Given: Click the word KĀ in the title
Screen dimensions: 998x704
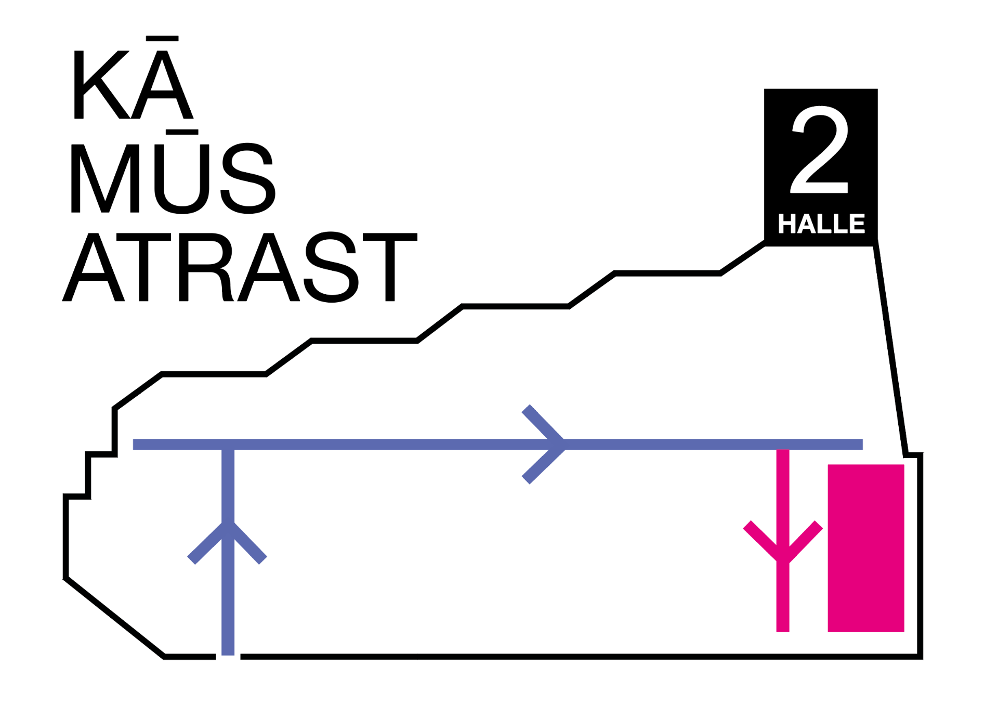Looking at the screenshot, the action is (134, 77).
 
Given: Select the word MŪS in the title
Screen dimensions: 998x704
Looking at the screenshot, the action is (173, 172).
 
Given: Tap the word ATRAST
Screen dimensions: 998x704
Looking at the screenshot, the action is (240, 267).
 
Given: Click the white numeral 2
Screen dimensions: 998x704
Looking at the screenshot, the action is (820, 149).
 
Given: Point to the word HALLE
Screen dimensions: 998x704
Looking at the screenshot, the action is (821, 224).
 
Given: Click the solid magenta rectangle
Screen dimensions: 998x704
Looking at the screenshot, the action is (866, 548).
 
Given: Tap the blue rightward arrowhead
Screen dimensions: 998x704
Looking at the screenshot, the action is (544, 445).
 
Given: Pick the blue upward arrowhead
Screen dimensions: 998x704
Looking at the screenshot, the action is (227, 543).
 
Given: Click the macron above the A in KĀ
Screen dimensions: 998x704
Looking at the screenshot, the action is (163, 38).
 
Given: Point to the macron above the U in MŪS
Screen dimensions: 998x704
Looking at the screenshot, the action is (182, 132).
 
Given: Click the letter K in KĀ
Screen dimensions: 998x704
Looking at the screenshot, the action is (102, 85).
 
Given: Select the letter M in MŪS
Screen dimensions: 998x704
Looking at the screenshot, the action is (105, 178).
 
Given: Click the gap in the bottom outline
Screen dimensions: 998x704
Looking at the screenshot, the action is (228, 657).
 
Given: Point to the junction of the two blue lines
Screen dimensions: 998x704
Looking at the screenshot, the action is (228, 445).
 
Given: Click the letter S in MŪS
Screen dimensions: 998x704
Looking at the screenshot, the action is (248, 178).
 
